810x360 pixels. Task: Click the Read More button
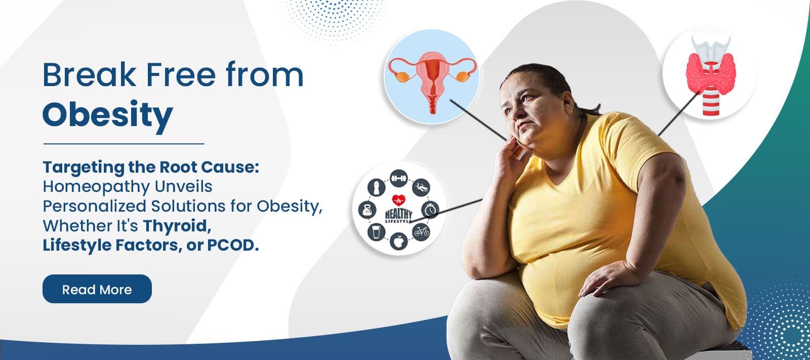click(x=97, y=289)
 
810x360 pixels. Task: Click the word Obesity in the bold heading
click(x=107, y=115)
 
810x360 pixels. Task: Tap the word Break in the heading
click(x=89, y=75)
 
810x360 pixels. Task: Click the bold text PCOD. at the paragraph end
click(x=233, y=245)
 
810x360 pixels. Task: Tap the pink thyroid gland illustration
click(x=710, y=72)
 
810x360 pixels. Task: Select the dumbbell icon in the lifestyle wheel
click(x=399, y=178)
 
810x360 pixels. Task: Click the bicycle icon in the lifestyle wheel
click(x=421, y=232)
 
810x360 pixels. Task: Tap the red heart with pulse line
click(x=399, y=199)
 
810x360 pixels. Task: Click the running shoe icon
click(x=421, y=187)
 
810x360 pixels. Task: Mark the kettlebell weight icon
click(x=367, y=210)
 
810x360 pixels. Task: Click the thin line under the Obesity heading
click(x=124, y=144)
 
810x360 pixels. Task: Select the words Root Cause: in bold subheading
click(x=209, y=167)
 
